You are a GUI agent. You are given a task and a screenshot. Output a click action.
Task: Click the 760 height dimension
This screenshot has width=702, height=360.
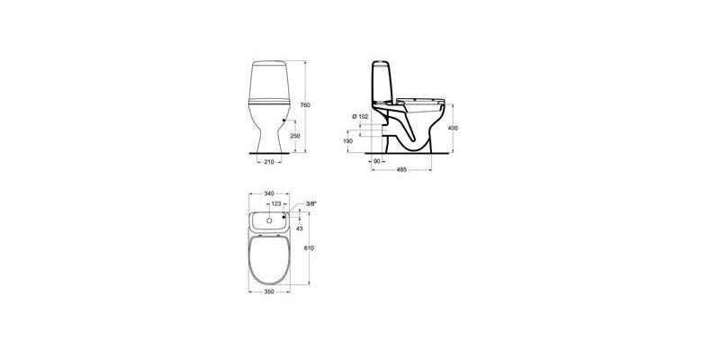[305, 105]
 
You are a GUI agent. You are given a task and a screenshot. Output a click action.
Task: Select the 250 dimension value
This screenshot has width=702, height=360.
[294, 136]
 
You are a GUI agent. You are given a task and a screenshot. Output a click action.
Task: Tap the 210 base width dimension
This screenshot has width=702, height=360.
[268, 162]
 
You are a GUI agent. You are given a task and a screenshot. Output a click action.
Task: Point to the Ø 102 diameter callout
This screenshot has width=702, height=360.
[360, 116]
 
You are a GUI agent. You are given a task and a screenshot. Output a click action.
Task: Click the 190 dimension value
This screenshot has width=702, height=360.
[348, 141]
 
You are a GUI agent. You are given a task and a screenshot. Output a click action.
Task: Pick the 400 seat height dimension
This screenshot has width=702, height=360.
[453, 128]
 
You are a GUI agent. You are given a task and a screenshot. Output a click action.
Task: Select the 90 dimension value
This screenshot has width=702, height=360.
[376, 161]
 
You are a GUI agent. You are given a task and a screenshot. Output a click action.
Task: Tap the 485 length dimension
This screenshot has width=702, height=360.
[401, 170]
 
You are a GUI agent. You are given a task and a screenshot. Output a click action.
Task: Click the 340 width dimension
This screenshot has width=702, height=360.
[268, 193]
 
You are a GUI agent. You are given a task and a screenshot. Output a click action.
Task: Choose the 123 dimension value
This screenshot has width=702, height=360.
[276, 203]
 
